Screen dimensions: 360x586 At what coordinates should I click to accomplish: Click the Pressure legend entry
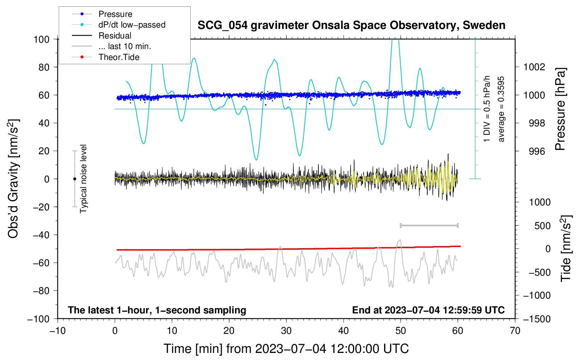(x=115, y=14)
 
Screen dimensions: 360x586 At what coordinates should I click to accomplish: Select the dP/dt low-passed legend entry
(x=132, y=25)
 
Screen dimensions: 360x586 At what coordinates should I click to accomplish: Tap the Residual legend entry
(x=115, y=36)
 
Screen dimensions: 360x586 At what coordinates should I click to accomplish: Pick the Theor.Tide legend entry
(x=119, y=57)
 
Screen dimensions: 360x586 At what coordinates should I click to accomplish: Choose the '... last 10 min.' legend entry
(x=125, y=46)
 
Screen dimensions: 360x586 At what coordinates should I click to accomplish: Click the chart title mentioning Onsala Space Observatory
(x=351, y=25)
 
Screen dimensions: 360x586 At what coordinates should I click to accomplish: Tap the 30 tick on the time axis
(x=286, y=331)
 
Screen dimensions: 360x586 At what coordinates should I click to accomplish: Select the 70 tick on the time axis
(x=515, y=331)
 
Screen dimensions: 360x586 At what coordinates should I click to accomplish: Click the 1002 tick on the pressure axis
(x=534, y=67)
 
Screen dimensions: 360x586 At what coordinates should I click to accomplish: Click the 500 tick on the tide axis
(x=542, y=226)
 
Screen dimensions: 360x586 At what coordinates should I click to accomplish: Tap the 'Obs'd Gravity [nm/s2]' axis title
(x=13, y=179)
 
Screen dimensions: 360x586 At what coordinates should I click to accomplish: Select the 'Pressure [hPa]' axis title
(x=560, y=109)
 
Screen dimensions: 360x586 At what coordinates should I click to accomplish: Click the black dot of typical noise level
(x=74, y=179)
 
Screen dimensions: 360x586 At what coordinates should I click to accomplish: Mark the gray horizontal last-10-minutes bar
(x=429, y=225)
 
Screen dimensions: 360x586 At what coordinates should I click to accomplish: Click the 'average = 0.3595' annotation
(x=501, y=109)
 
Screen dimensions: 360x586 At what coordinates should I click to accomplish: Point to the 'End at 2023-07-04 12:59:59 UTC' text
(x=428, y=310)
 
